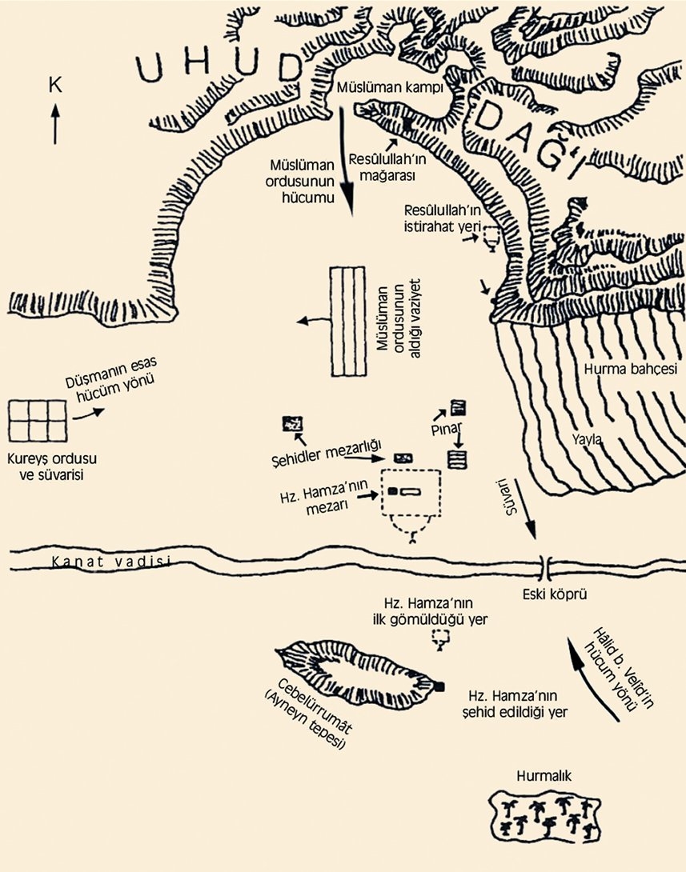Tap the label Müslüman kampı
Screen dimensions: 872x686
click(390, 87)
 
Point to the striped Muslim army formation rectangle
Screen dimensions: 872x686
click(349, 320)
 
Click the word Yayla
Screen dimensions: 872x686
click(587, 438)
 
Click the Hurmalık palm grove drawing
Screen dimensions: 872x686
click(545, 815)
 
